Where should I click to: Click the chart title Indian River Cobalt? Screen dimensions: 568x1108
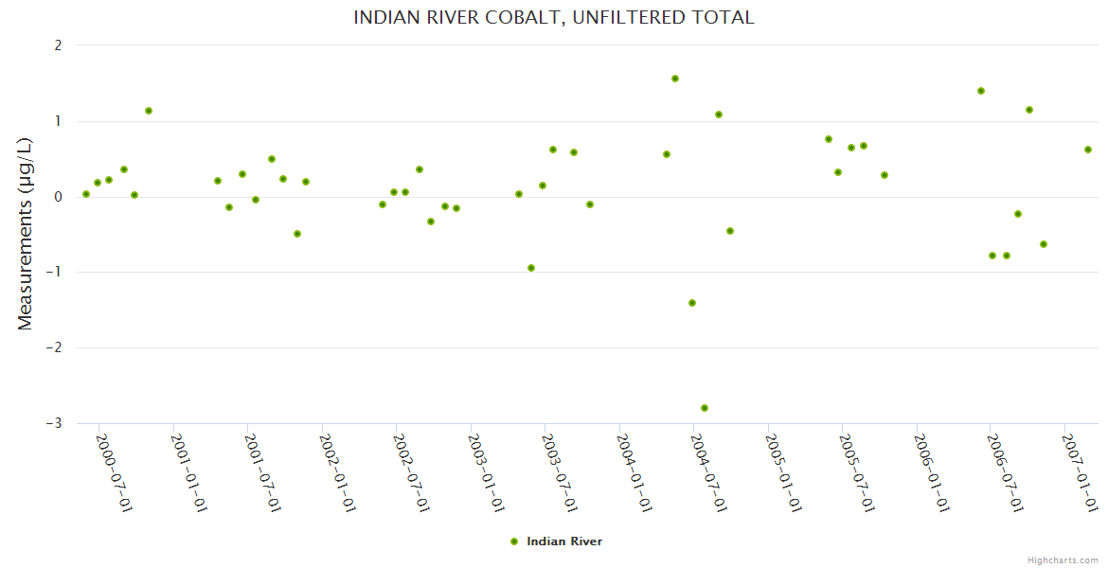(553, 17)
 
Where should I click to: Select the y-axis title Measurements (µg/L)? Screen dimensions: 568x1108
(26, 234)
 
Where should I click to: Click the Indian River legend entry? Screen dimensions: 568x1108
(556, 541)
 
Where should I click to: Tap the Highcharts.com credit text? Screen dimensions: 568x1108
(1063, 559)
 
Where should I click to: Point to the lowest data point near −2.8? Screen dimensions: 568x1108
(705, 408)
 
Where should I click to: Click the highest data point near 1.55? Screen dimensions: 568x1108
(675, 79)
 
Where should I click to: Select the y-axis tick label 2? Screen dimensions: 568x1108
(58, 45)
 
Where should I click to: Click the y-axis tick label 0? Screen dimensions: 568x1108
(58, 197)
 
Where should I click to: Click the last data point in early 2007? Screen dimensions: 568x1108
(1088, 150)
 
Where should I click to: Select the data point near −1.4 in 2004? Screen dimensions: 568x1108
(692, 303)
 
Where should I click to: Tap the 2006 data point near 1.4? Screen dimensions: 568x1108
(981, 91)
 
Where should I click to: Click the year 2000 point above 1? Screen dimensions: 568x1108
(149, 111)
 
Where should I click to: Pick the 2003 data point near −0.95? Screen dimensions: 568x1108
(531, 268)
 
